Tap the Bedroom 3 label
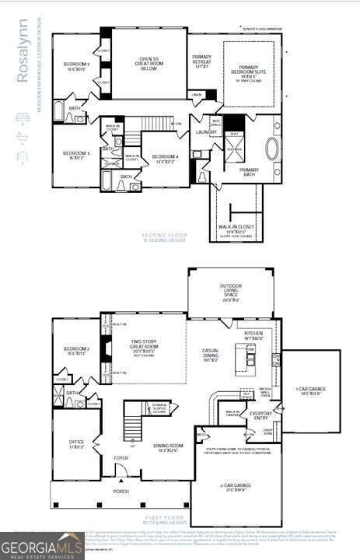coord(78,66)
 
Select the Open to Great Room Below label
coord(149,63)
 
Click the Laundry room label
coord(206,132)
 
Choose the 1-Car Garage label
coord(309,390)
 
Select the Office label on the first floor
coord(76,444)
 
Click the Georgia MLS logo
coord(43,546)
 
